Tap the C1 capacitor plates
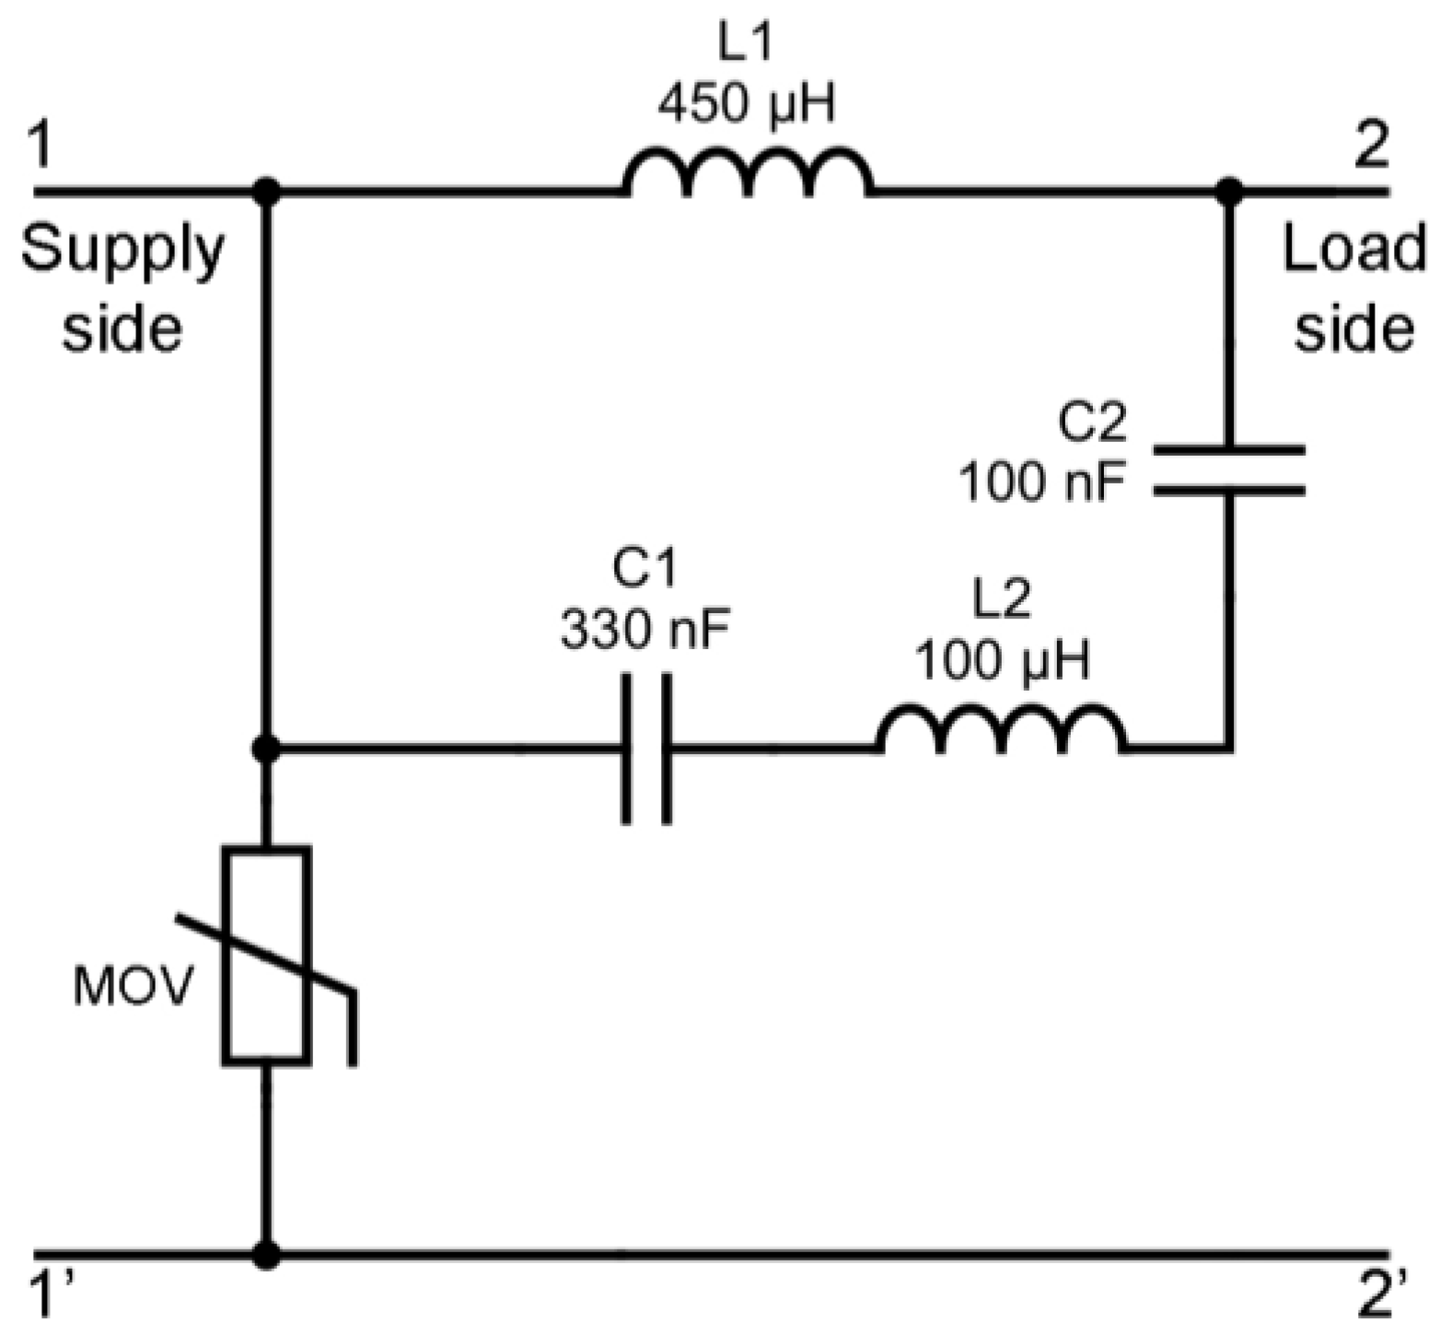647,749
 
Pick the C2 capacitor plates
1229,470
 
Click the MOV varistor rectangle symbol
267,958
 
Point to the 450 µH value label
747,104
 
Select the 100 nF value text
1043,481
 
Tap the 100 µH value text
1003,660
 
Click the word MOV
134,988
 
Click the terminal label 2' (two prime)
1381,1297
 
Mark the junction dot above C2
1229,192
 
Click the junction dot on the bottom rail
267,1255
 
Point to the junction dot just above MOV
267,749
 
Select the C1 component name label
645,569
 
